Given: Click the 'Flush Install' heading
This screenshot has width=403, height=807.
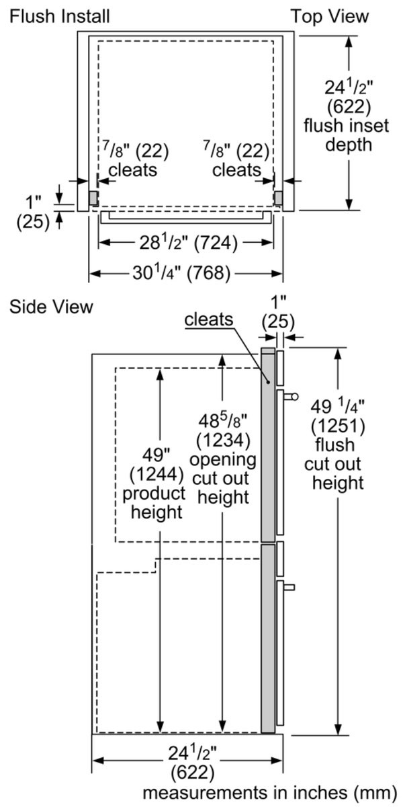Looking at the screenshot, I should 59,15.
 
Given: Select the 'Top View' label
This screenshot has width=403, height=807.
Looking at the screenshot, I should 329,15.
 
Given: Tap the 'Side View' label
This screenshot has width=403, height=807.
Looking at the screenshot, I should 50,306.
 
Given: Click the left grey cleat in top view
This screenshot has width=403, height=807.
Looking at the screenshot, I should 94,196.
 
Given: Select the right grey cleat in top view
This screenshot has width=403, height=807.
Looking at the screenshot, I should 277,196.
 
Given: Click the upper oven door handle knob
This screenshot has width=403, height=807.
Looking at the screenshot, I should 294,397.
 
